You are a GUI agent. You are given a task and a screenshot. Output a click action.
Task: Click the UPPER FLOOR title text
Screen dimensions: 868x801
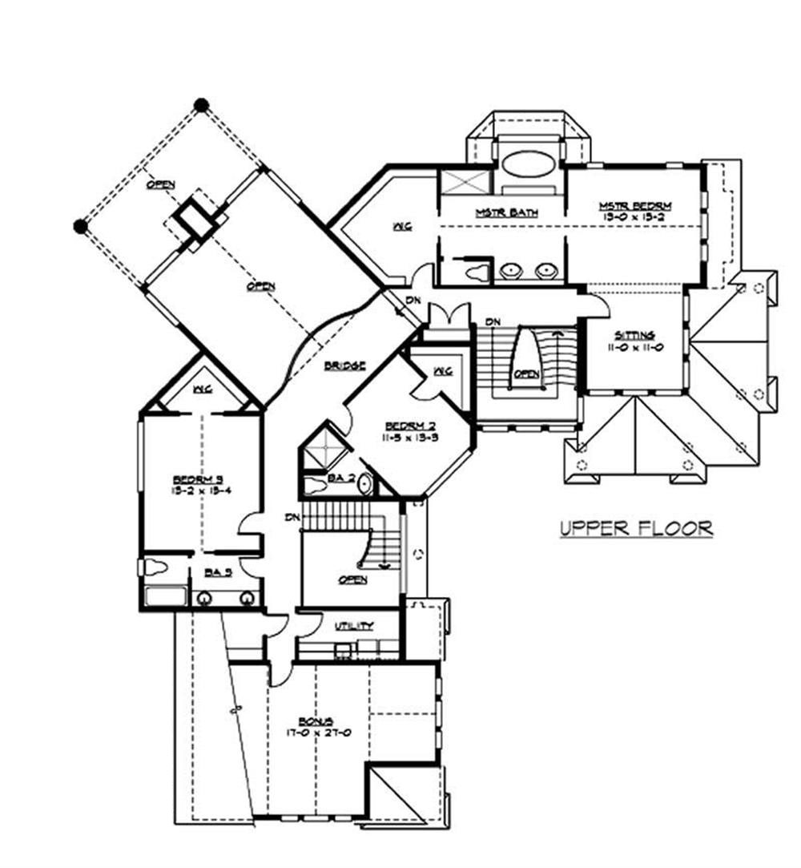[636, 528]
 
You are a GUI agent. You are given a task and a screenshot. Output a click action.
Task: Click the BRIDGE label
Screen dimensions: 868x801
[345, 365]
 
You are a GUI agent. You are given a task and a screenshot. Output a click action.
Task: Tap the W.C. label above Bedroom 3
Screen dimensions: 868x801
[201, 390]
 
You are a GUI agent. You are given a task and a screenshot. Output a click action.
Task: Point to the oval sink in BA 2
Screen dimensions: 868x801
[364, 484]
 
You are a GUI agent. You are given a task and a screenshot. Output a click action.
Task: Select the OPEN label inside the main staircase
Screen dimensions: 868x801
[525, 373]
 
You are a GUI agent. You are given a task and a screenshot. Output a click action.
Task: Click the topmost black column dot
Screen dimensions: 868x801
[202, 104]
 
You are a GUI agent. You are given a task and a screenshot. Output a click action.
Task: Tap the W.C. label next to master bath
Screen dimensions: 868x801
[401, 227]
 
